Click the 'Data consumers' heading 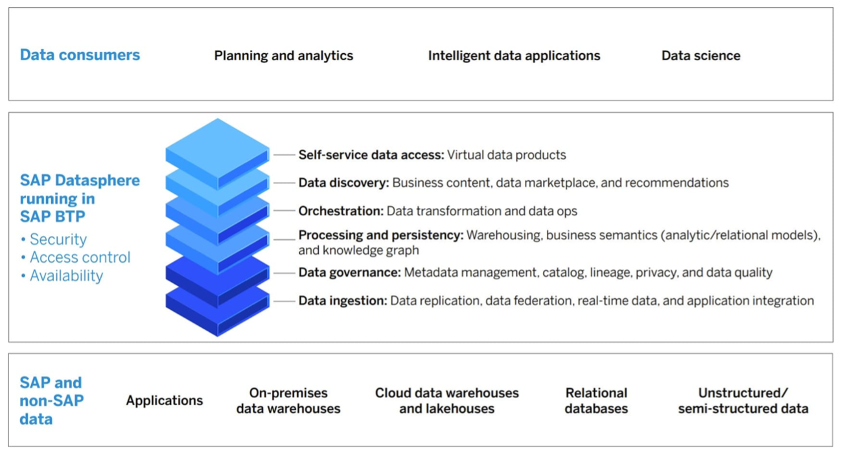click(80, 55)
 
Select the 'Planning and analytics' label click(284, 56)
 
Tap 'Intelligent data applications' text click(514, 56)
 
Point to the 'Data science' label click(700, 55)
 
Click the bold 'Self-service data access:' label click(371, 155)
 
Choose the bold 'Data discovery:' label click(343, 183)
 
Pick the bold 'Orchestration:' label click(341, 211)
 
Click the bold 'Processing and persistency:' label click(381, 235)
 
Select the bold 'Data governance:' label click(350, 272)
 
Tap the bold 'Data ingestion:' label click(343, 301)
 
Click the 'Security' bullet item click(54, 239)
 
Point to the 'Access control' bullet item click(76, 257)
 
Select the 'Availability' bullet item click(62, 276)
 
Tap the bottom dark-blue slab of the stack click(218, 309)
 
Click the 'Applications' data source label click(165, 401)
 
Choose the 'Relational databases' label click(596, 401)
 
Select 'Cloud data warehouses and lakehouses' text click(446, 401)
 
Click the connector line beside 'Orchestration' click(284, 211)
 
